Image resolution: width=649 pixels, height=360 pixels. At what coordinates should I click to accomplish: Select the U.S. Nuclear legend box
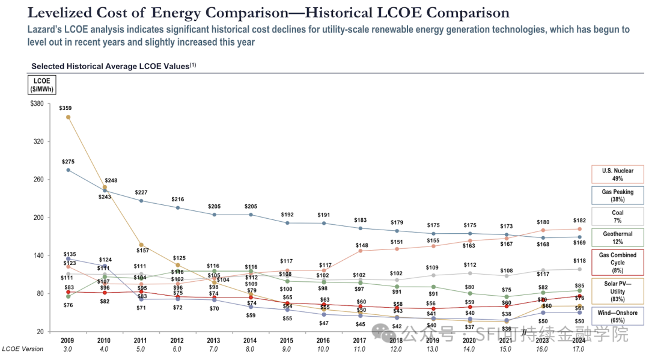[617, 174]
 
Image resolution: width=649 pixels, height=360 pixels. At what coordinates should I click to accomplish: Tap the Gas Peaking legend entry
[617, 195]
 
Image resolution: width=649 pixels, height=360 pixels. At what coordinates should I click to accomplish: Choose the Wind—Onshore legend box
[617, 317]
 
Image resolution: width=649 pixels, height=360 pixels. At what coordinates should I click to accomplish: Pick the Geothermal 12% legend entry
[617, 237]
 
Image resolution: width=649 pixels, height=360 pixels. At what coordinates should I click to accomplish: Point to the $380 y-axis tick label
[36, 104]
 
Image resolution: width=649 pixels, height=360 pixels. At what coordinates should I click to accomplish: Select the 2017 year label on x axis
[360, 340]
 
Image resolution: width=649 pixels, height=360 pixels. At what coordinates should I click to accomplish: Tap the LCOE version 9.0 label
[287, 349]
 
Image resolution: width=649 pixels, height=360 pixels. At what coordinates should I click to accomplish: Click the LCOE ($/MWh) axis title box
[41, 85]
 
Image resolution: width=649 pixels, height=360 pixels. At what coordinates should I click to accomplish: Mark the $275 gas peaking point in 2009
[68, 170]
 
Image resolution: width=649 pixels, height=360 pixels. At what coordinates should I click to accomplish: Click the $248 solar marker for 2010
[105, 188]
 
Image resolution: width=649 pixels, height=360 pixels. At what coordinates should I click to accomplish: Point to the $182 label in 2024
[579, 221]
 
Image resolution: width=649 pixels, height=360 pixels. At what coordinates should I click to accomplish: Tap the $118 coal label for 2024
[579, 260]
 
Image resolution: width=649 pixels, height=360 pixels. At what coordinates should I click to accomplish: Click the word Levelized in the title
[58, 13]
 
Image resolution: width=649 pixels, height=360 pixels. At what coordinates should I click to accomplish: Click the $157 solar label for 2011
[141, 250]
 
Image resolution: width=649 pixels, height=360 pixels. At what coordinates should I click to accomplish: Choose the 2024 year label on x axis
[579, 340]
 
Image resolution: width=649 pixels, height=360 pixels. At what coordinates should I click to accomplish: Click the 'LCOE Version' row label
[22, 349]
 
